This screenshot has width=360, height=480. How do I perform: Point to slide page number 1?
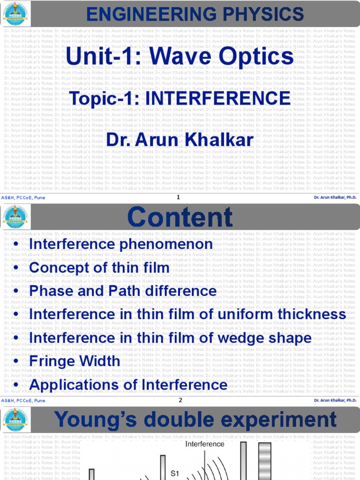coord(179,197)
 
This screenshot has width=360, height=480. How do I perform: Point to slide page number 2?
coord(180,400)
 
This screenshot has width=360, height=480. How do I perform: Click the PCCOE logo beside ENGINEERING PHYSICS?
coord(15,14)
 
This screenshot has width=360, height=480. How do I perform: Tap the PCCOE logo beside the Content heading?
coord(15,217)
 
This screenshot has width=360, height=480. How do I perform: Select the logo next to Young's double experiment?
coord(15,420)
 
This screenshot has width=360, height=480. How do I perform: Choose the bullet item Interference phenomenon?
coord(120,244)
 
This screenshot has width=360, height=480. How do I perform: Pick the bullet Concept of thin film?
coord(99,268)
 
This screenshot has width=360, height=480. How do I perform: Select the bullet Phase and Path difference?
coord(122,291)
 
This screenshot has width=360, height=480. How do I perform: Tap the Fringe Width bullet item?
coord(75,361)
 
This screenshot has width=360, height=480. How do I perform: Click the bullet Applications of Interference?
coord(128,385)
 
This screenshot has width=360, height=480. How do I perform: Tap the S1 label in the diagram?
coord(175,474)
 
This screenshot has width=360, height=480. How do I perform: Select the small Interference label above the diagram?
coord(205,444)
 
